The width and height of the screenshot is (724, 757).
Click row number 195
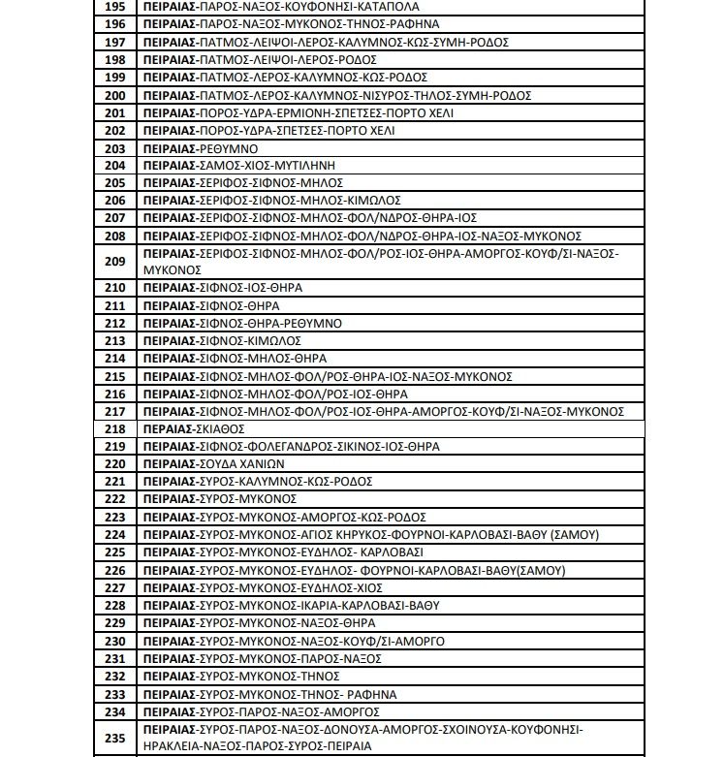click(x=115, y=6)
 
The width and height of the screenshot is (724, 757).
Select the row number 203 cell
click(x=115, y=148)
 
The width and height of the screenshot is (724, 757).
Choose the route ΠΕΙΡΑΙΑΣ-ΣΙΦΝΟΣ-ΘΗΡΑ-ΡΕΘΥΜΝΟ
click(x=240, y=323)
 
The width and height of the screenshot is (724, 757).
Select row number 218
click(x=115, y=428)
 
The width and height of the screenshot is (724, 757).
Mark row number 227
click(x=115, y=587)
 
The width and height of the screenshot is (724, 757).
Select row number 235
click(x=115, y=738)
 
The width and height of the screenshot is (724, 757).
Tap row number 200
click(x=115, y=95)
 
